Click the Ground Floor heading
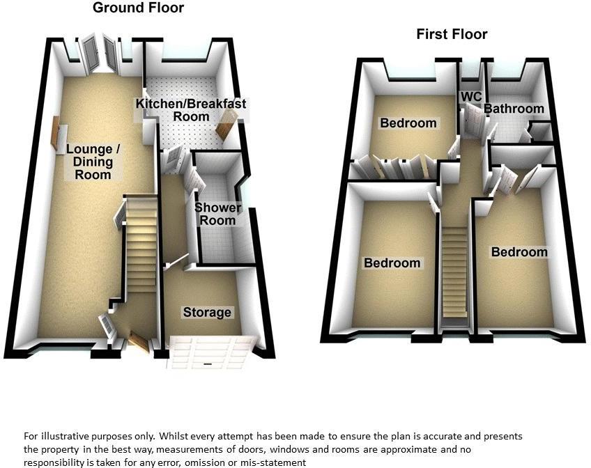138,8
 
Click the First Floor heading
452,34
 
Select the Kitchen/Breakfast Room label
191,110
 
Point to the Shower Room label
218,214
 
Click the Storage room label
206,312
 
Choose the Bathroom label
514,109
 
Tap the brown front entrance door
138,343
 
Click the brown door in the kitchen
224,127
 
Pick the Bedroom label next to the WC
408,123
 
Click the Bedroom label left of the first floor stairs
392,263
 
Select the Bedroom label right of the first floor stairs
519,251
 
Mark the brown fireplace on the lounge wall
54,132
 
